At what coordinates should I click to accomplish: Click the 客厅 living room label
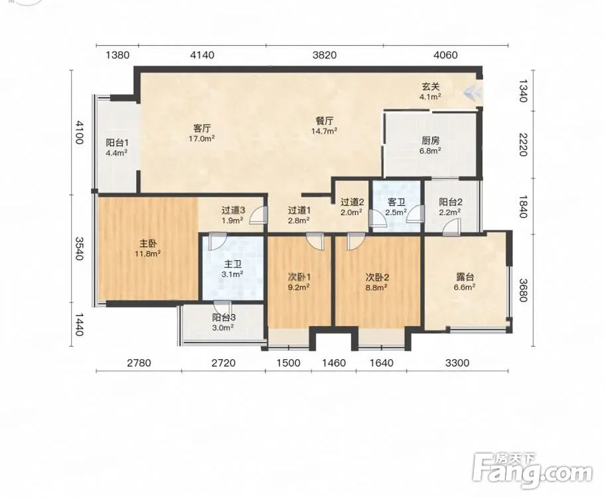click(x=202, y=127)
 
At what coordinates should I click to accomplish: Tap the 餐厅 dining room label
click(x=325, y=121)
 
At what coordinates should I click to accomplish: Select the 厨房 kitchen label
click(x=430, y=140)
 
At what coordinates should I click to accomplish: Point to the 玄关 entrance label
click(x=430, y=87)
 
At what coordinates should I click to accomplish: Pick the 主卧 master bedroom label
click(x=147, y=244)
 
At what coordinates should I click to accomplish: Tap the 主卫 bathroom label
click(x=232, y=264)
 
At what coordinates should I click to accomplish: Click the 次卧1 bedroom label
click(x=299, y=277)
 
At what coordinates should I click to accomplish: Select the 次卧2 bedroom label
click(x=377, y=277)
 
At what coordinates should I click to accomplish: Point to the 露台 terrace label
click(x=465, y=277)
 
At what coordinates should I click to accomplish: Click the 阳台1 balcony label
click(x=117, y=143)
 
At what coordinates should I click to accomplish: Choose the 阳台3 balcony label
click(x=224, y=317)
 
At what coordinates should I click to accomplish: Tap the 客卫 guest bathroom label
click(x=396, y=202)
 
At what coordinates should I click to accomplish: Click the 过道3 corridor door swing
click(x=258, y=215)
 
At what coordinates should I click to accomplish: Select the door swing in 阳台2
click(x=451, y=227)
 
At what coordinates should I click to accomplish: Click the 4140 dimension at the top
click(x=202, y=55)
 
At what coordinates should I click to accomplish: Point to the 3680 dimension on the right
click(x=523, y=290)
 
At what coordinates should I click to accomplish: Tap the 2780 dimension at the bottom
click(x=139, y=363)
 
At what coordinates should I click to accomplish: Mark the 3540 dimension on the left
click(x=79, y=248)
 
